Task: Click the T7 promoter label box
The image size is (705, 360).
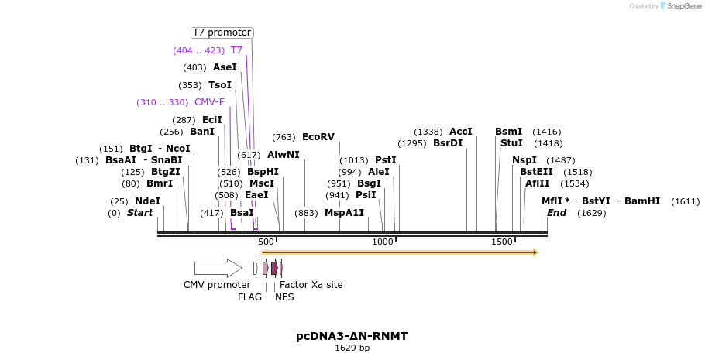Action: [x=222, y=33]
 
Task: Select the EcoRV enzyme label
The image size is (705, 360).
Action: [x=318, y=137]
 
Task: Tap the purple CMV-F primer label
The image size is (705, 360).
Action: [x=209, y=102]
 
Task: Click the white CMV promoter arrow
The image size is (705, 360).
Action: [x=218, y=268]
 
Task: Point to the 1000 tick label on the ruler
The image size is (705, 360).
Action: [x=383, y=242]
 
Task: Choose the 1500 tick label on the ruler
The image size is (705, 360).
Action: [x=502, y=242]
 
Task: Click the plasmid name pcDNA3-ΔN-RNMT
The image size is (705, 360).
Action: [x=352, y=336]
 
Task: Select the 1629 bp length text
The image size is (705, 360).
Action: [x=352, y=348]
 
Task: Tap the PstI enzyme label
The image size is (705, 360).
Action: [x=385, y=160]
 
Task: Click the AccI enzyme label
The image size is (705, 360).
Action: [x=460, y=132]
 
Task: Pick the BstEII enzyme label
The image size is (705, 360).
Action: [x=536, y=172]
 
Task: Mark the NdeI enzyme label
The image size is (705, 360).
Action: [x=147, y=201]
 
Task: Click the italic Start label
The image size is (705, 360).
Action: [x=140, y=213]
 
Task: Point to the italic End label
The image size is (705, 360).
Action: [x=557, y=213]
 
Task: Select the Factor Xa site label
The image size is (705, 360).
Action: [x=311, y=285]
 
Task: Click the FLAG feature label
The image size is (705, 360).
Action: [x=249, y=297]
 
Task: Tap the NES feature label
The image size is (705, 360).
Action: [x=284, y=297]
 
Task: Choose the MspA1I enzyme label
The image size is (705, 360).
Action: [x=344, y=213]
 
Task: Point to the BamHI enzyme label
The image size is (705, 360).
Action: [x=641, y=201]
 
